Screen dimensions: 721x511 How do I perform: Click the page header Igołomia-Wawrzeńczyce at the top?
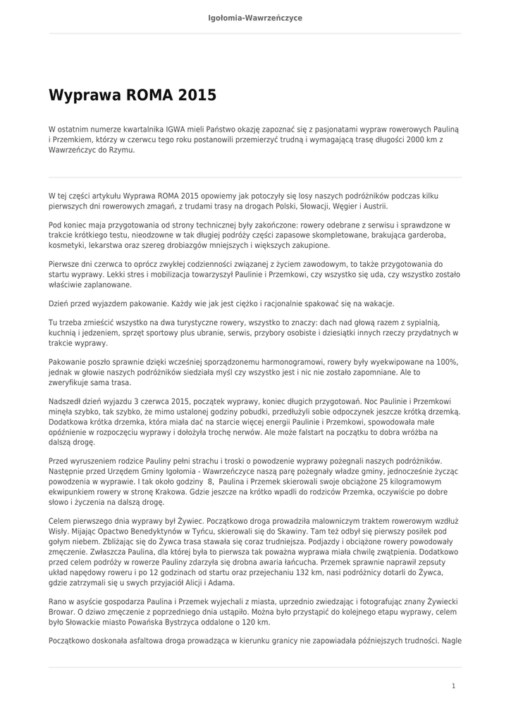255,17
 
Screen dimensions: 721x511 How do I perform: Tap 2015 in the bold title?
197,95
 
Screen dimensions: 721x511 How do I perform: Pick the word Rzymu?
121,150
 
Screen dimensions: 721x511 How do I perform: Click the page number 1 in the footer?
453,685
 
